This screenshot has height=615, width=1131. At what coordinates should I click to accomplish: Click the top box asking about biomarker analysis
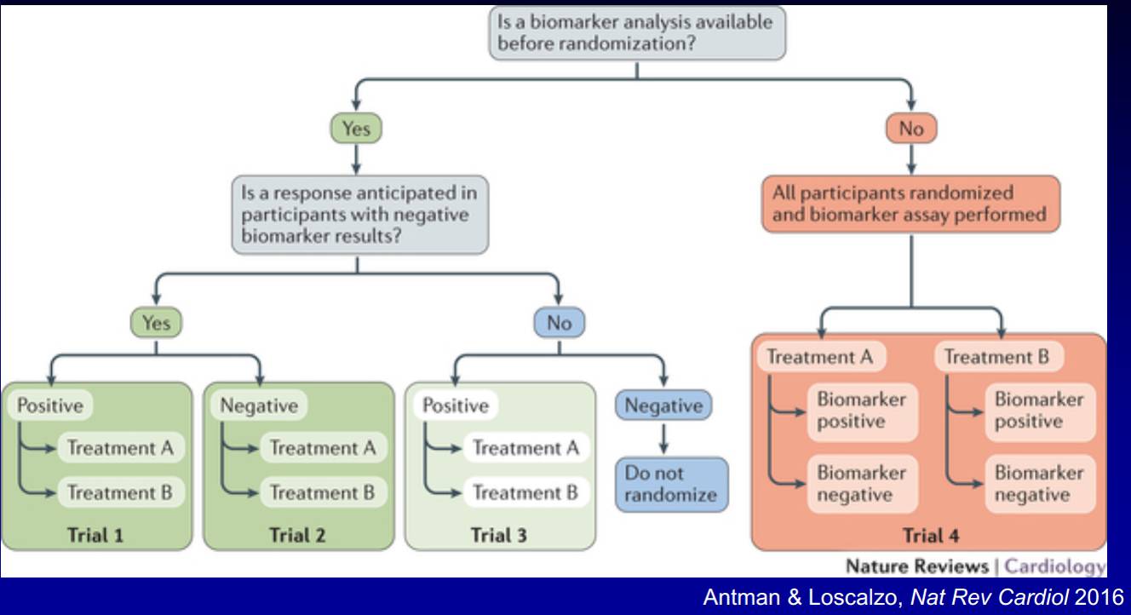click(x=637, y=33)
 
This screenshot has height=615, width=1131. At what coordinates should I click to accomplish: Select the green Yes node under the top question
click(x=356, y=129)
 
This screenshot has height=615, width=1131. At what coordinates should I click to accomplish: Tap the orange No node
click(x=911, y=129)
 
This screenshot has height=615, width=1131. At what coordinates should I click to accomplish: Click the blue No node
click(x=560, y=323)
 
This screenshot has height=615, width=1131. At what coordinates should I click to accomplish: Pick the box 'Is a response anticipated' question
click(x=360, y=215)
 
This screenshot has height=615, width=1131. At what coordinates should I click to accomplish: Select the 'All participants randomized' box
click(x=911, y=204)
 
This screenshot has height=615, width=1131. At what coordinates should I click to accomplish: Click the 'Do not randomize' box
click(x=671, y=485)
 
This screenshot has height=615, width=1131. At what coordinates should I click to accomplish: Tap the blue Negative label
click(x=663, y=405)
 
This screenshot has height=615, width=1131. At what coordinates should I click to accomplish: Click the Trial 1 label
click(x=95, y=535)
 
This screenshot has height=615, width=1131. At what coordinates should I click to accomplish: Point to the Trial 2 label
click(x=297, y=535)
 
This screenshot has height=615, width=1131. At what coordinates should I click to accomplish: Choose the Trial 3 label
click(x=499, y=535)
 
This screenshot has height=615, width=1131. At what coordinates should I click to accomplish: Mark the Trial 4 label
click(x=931, y=535)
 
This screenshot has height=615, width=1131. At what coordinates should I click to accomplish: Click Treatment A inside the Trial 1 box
click(x=121, y=448)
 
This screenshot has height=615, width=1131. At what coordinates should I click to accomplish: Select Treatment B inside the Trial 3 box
click(x=525, y=492)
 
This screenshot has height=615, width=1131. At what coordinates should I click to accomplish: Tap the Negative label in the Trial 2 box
click(x=259, y=405)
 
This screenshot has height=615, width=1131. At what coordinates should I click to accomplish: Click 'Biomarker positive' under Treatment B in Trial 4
click(x=1040, y=411)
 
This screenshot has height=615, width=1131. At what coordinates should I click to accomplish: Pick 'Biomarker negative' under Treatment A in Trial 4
click(x=863, y=484)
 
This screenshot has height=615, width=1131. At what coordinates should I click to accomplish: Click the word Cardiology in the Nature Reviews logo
click(x=1054, y=566)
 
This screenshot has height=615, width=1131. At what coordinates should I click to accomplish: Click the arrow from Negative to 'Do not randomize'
click(x=663, y=439)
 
